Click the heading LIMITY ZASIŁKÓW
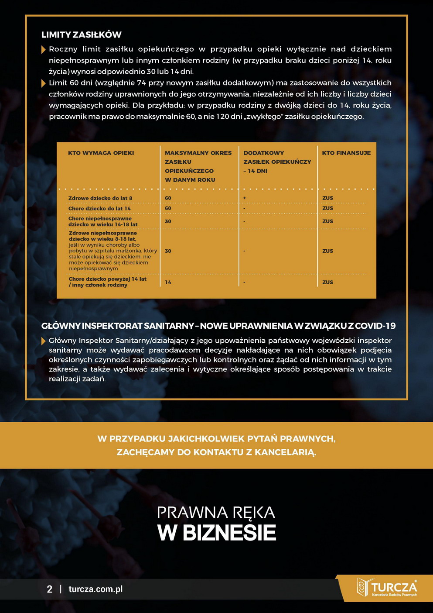[x=81, y=35]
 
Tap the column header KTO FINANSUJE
[x=346, y=153]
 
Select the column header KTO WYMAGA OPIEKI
[x=101, y=153]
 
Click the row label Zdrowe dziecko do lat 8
[x=100, y=198]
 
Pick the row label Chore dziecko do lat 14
[x=99, y=209]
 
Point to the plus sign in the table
[x=245, y=198]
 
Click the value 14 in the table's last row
[x=168, y=282]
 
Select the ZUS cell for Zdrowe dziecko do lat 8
[x=327, y=198]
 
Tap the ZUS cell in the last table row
[x=327, y=282]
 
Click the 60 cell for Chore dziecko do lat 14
[x=168, y=209]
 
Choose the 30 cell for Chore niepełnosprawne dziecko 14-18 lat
[x=168, y=221]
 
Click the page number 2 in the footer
[x=50, y=589]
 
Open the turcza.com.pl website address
[x=95, y=589]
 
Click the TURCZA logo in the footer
[x=387, y=588]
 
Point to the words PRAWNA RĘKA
[x=216, y=513]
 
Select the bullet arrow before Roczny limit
[x=44, y=49]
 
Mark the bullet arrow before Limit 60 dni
[x=44, y=83]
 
